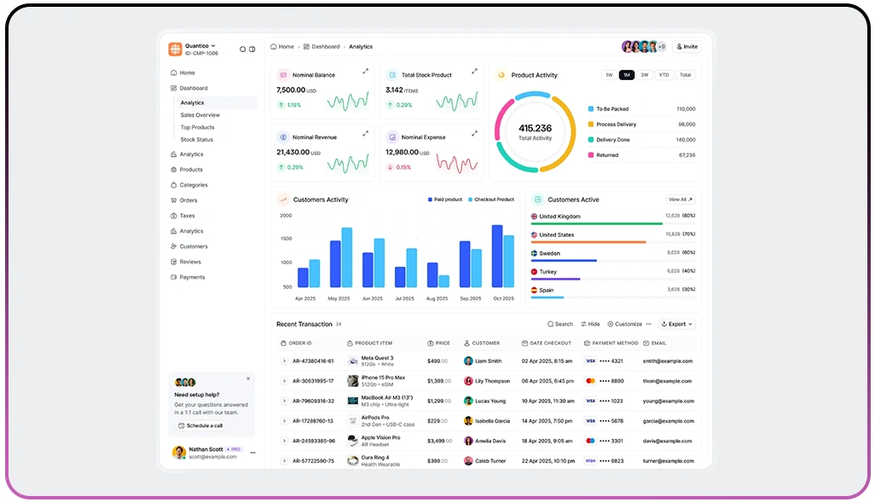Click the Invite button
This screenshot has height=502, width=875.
pyautogui.click(x=687, y=47)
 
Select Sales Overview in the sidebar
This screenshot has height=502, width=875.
pyautogui.click(x=200, y=115)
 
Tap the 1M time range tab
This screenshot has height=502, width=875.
pyautogui.click(x=627, y=75)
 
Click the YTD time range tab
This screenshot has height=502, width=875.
pyautogui.click(x=663, y=75)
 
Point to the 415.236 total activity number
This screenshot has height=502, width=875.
pyautogui.click(x=535, y=129)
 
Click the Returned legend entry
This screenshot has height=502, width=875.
pyautogui.click(x=607, y=155)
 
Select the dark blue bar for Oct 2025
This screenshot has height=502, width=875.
pyautogui.click(x=497, y=256)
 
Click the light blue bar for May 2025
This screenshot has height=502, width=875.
pyautogui.click(x=346, y=257)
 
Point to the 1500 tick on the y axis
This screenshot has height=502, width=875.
pyautogui.click(x=286, y=239)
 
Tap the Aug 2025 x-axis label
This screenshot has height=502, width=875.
pyautogui.click(x=437, y=298)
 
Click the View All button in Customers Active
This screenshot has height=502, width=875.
pyautogui.click(x=680, y=199)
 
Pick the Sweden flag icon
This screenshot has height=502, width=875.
pyautogui.click(x=534, y=253)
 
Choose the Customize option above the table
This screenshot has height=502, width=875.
pyautogui.click(x=625, y=324)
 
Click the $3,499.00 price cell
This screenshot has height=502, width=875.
pyautogui.click(x=438, y=441)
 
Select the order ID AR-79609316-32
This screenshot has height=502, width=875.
pyautogui.click(x=313, y=401)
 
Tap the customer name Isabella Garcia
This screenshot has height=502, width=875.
pyautogui.click(x=492, y=421)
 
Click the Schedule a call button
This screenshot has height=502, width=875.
pyautogui.click(x=200, y=425)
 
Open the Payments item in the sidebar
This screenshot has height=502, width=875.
pyautogui.click(x=192, y=277)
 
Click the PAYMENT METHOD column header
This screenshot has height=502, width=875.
pyautogui.click(x=614, y=343)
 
